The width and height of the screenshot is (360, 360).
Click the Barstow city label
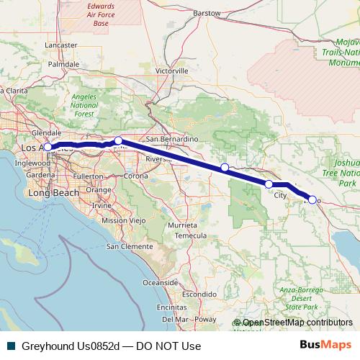(x=207, y=13)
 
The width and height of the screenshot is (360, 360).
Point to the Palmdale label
(x=63, y=63)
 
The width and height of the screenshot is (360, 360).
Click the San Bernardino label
(x=171, y=138)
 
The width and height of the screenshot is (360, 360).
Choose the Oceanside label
(x=161, y=282)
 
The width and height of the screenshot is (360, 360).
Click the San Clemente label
(x=130, y=246)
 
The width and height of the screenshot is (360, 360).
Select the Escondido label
(x=199, y=294)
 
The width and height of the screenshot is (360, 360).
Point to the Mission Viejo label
(x=120, y=220)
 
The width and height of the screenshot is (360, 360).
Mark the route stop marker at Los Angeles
(x=48, y=147)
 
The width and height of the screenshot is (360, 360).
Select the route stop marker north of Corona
(x=119, y=141)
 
